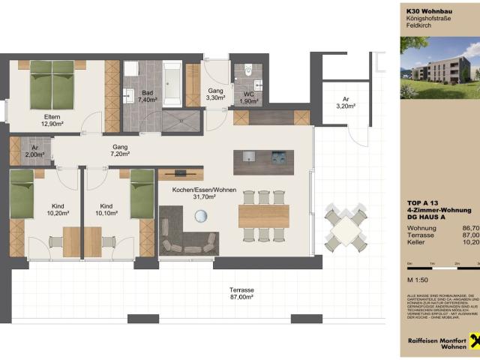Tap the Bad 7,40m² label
click(147, 96)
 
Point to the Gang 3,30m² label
click(215, 94)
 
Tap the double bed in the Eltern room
click(52, 84)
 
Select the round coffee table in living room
click(201, 217)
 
